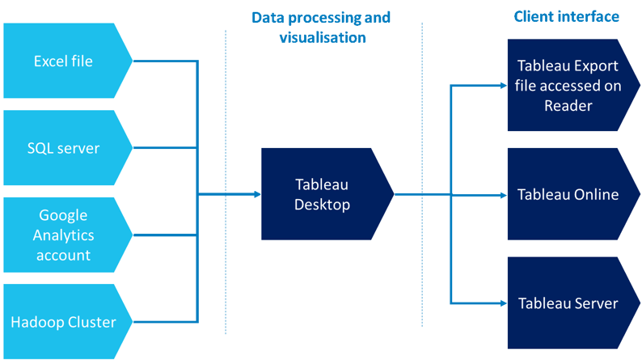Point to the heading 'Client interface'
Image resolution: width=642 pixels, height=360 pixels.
pos(567,16)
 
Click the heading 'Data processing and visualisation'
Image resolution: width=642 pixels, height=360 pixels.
pos(323,27)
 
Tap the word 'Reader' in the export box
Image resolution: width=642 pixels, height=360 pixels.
pos(568,105)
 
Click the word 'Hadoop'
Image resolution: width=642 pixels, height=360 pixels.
pos(36,322)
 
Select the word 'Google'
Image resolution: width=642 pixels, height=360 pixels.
pos(63,216)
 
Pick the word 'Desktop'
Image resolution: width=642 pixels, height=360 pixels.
pos(323,205)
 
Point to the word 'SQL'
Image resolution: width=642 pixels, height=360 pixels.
pos(40,148)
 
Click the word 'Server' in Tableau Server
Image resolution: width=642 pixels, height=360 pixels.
pos(598,303)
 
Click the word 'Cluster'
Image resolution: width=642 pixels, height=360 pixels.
pos(90,322)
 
